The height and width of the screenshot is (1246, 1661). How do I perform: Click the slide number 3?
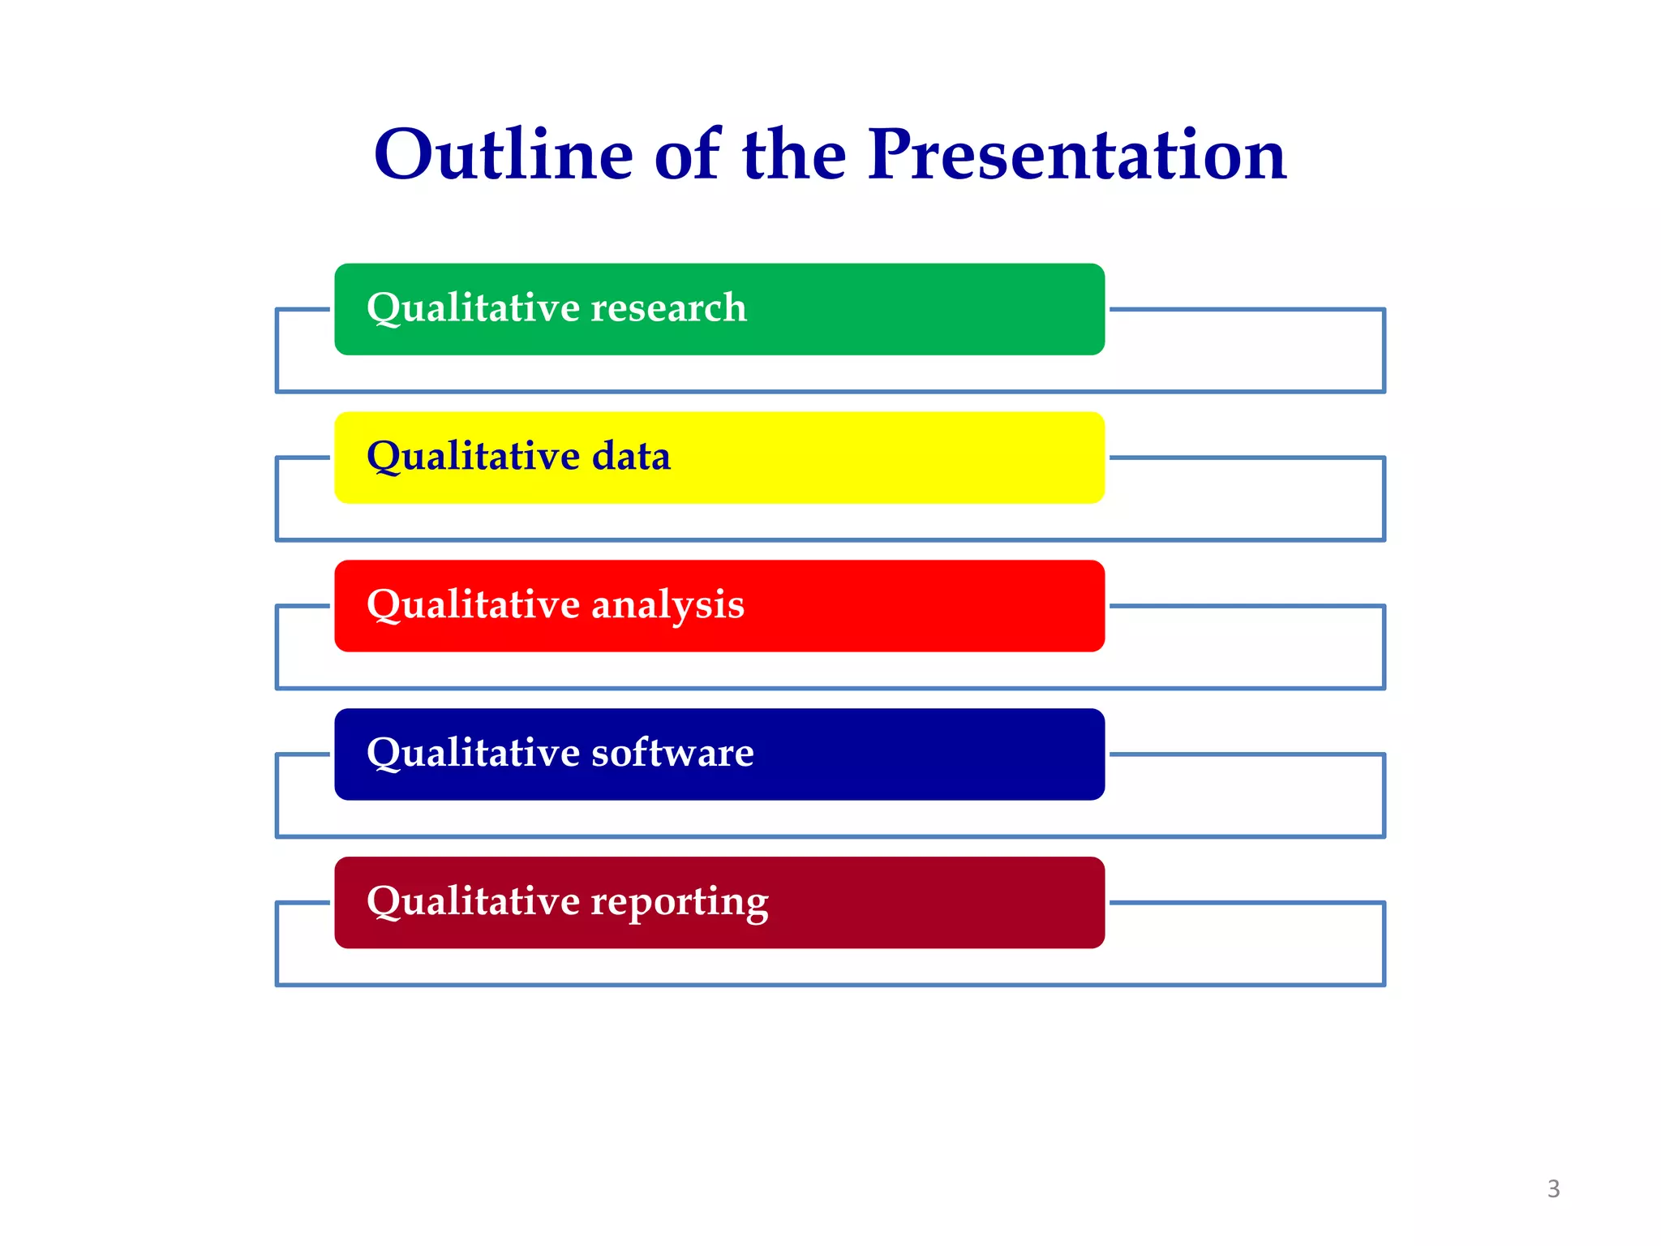(1553, 1189)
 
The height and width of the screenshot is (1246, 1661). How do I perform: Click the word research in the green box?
(668, 308)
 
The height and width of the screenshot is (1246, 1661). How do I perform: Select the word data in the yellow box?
(631, 456)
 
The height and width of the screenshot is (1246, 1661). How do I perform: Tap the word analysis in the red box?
(667, 605)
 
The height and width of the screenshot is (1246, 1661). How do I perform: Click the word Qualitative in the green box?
(473, 308)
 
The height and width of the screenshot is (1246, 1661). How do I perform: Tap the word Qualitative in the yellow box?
(473, 456)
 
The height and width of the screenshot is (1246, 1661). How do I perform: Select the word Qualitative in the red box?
(473, 605)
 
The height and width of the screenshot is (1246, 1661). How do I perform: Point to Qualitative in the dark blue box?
(473, 753)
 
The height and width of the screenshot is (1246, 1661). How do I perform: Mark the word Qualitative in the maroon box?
(473, 902)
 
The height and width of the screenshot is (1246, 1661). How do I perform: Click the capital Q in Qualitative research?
(383, 308)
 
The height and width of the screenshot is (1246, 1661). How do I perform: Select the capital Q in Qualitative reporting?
(383, 902)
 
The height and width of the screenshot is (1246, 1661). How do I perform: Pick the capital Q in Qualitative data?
(383, 456)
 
